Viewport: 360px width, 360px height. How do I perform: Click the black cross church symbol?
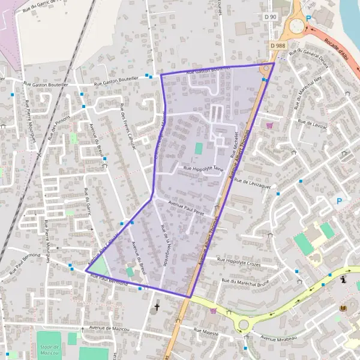pos(157,307)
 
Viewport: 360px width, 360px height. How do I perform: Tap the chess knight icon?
pos(343,280)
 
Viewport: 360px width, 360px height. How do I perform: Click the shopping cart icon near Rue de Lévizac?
pos(269,125)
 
